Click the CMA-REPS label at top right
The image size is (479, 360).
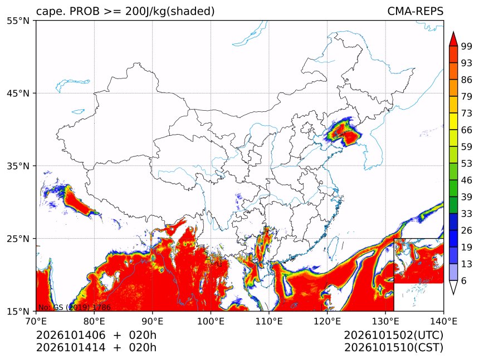point(415,11)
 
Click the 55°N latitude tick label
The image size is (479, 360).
point(18,21)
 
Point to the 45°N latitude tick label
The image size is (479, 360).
point(18,93)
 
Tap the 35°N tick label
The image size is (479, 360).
point(18,166)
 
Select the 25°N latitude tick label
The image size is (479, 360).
point(18,239)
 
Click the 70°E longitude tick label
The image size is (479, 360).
point(36,321)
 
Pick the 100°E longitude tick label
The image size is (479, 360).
point(211,321)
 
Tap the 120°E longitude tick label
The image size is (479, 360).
point(327,321)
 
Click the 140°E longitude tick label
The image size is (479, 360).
point(443,321)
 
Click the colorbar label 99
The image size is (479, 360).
point(467,46)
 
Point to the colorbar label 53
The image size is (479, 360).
point(467,164)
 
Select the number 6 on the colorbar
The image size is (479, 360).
point(464,280)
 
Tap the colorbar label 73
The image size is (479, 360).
point(467,114)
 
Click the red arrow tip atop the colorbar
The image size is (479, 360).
point(453,32)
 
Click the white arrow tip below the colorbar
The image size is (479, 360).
point(453,294)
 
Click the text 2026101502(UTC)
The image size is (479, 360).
point(393,335)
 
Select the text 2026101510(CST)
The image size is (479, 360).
point(393,348)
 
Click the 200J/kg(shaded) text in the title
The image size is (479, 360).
point(170,12)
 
